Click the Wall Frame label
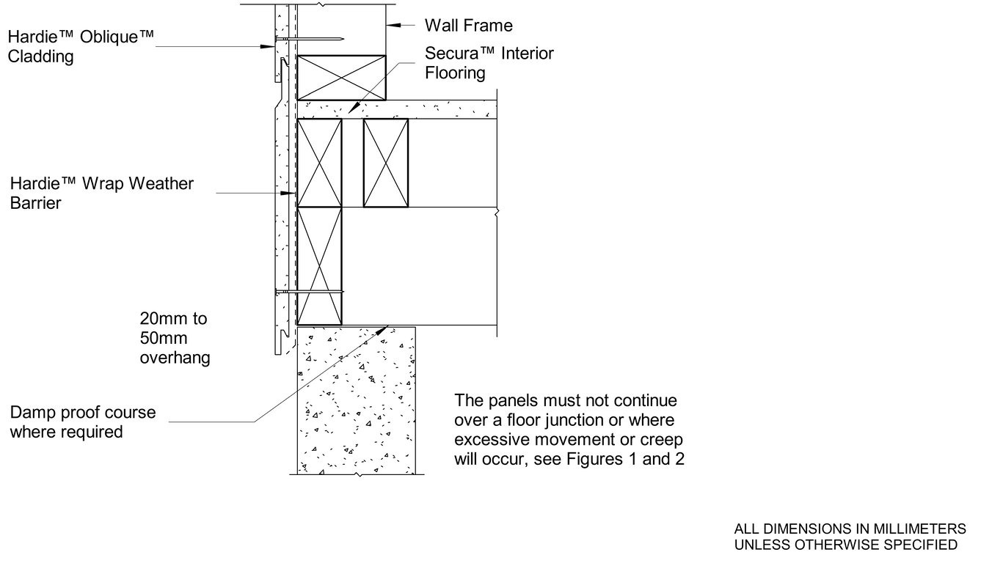(x=469, y=26)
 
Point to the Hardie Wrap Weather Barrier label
(x=101, y=193)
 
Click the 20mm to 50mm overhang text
(x=175, y=338)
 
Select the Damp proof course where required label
(x=82, y=422)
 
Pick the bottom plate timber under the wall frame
(x=341, y=77)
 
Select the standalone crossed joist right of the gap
(x=386, y=163)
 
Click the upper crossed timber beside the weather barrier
(x=319, y=163)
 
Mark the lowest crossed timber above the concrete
(x=319, y=265)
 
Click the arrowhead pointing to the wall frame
(x=394, y=26)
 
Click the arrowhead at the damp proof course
(x=382, y=329)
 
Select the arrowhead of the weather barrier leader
(x=290, y=194)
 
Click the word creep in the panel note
(x=660, y=439)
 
